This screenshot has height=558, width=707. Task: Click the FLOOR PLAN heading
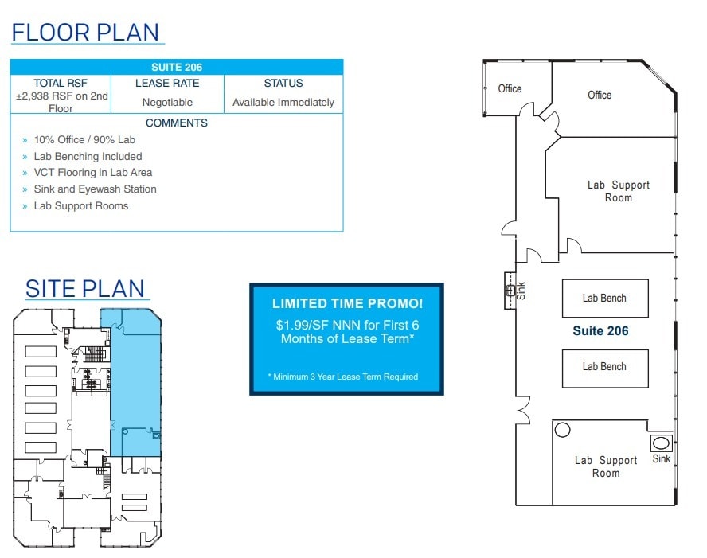click(87, 32)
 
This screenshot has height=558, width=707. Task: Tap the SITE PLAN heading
click(85, 288)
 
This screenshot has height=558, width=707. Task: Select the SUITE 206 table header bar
click(177, 68)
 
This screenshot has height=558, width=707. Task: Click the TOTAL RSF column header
click(61, 83)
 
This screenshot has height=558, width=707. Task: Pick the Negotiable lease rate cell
click(167, 102)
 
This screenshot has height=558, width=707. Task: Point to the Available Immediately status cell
click(283, 102)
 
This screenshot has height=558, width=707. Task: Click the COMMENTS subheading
click(177, 123)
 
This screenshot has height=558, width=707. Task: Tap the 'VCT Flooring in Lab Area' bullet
click(92, 173)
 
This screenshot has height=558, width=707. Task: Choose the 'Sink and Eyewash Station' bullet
click(95, 189)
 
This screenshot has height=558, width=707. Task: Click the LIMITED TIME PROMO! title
click(347, 303)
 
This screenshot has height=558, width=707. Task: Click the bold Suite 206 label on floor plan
click(600, 331)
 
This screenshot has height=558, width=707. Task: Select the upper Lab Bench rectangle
click(605, 298)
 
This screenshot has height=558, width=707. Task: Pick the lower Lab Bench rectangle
click(605, 367)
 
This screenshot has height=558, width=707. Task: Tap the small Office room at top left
click(510, 88)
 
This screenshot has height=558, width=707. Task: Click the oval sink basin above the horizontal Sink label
click(661, 443)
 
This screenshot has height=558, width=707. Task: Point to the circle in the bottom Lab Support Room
click(563, 431)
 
